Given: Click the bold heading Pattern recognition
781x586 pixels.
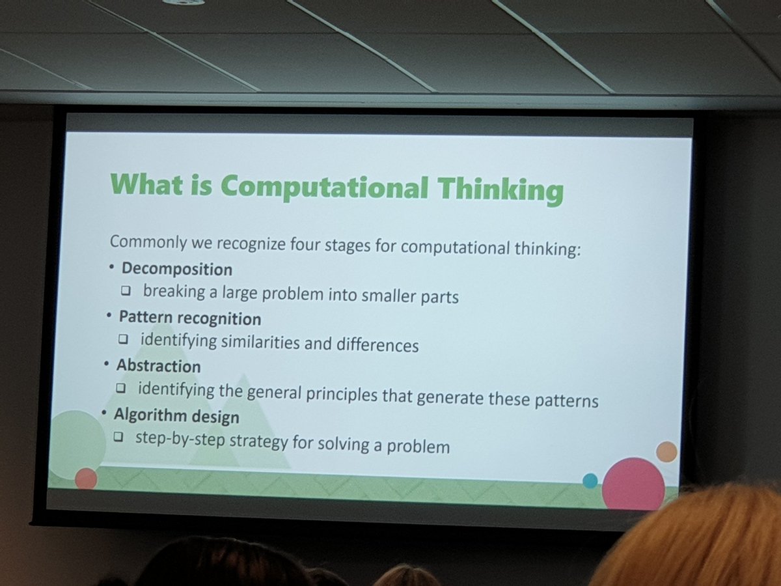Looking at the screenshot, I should coord(189,318).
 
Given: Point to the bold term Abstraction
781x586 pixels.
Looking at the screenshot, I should coord(158,366).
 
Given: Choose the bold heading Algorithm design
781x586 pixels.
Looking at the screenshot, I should coord(176,415).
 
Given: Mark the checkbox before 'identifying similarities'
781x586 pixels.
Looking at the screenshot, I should coord(123,341).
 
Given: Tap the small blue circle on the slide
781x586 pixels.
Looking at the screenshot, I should coord(590,481).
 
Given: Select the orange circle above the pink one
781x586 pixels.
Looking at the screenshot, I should coord(666,451).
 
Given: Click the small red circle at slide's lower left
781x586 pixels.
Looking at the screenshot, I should coord(85,479).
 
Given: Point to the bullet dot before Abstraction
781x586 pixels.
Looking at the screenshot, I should coord(107,365).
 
